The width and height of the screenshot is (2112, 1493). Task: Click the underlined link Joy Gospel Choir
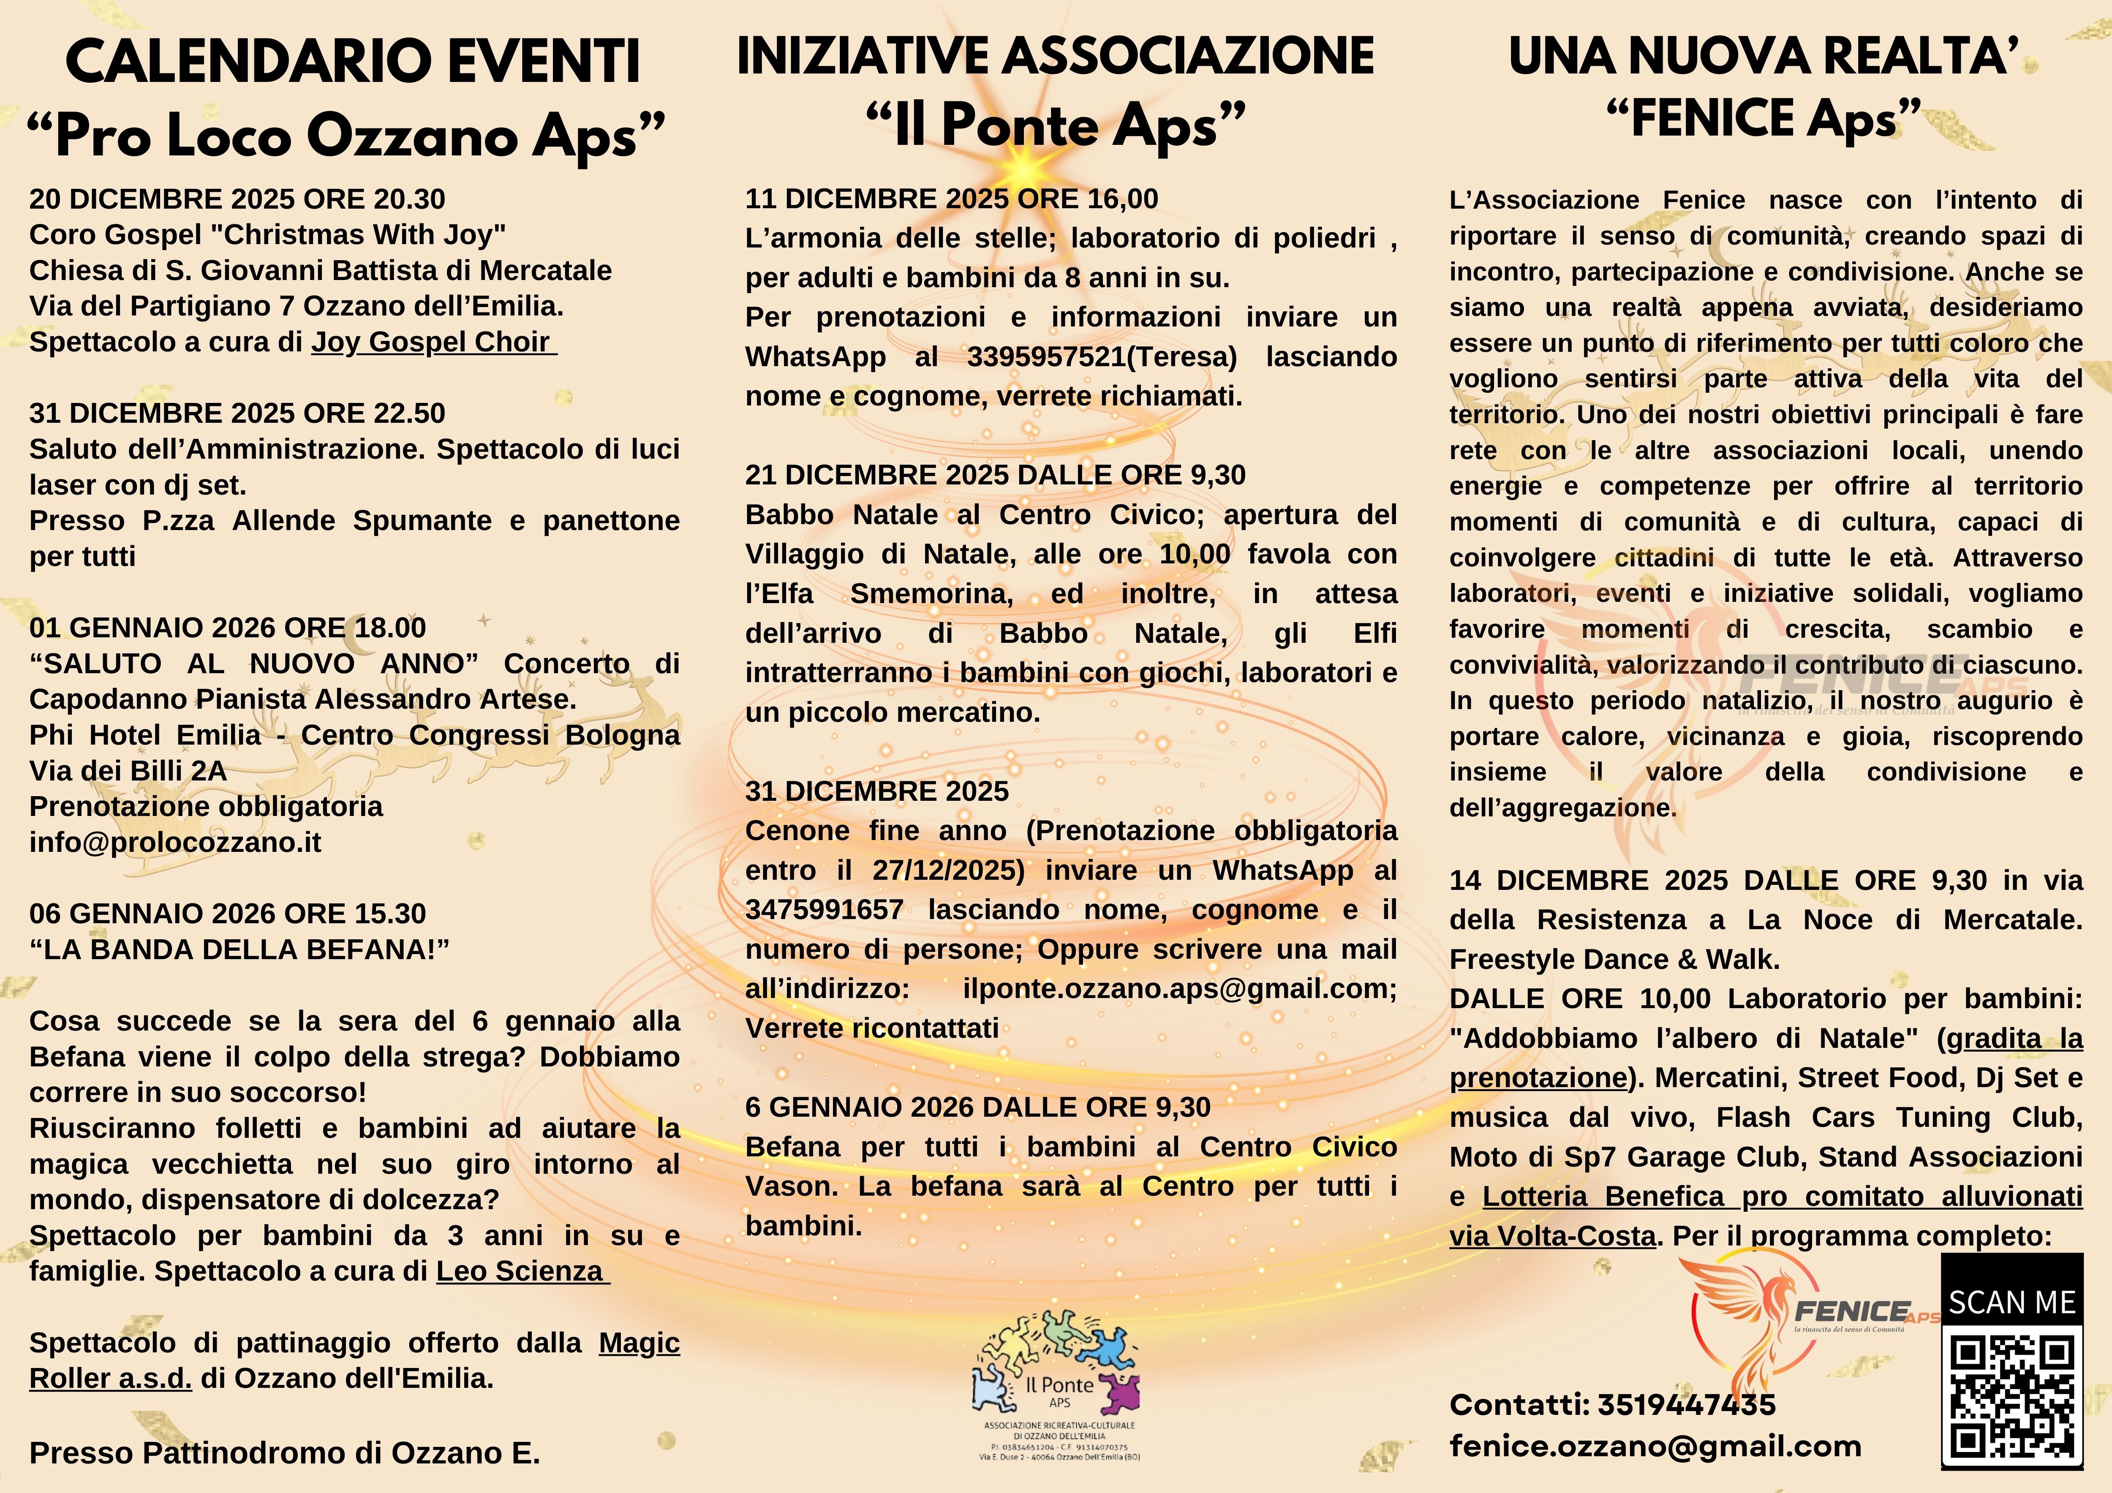433,342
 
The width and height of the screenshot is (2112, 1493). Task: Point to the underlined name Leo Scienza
521,1271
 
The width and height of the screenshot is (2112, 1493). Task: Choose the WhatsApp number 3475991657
824,910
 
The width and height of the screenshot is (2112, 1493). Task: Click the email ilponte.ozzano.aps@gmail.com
1179,989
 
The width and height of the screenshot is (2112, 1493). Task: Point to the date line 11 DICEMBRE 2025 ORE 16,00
951,199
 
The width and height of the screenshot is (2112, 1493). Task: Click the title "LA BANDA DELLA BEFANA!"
239,949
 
